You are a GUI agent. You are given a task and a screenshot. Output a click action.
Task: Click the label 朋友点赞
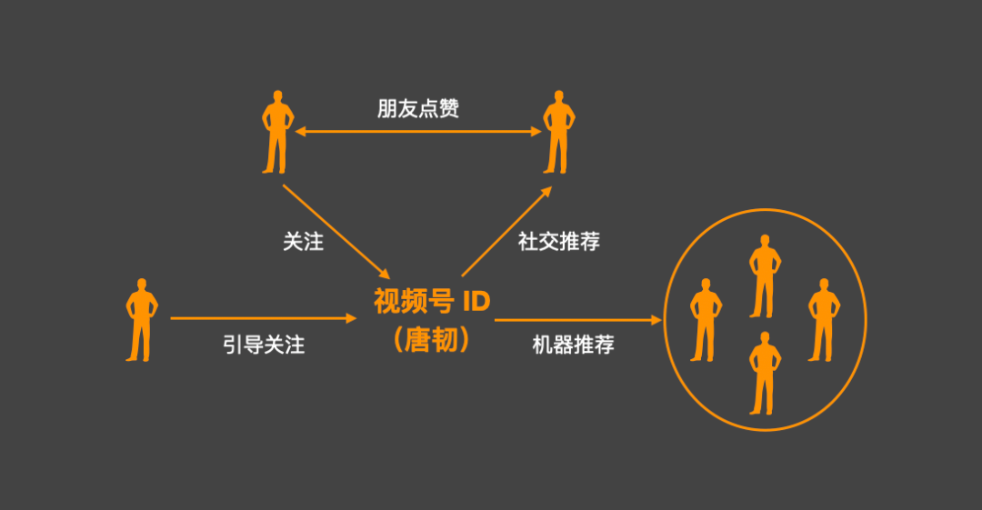coord(418,109)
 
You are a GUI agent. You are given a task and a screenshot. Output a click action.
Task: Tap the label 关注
coord(303,242)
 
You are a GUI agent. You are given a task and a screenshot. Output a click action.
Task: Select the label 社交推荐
coord(559,242)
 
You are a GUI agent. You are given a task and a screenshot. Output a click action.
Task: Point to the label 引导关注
coord(264,345)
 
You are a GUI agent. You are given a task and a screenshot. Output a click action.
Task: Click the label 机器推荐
coord(573,345)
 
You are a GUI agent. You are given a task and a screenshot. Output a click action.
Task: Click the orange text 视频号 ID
coord(432,301)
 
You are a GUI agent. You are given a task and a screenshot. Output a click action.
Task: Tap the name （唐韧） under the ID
coord(432,340)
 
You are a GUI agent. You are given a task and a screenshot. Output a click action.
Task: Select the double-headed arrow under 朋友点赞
coord(418,133)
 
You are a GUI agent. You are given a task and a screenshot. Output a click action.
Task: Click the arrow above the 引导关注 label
coord(264,318)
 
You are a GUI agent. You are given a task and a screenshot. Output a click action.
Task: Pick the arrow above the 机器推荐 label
coord(577,319)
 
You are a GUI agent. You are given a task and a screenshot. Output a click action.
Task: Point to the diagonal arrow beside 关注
coord(336,232)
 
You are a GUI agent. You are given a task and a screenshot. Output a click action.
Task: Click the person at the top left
coord(276,133)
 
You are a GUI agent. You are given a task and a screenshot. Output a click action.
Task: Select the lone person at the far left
coord(140,320)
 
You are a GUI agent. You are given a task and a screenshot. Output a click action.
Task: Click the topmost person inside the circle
coord(765,276)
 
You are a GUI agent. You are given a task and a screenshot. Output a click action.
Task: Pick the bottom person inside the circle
coord(765,373)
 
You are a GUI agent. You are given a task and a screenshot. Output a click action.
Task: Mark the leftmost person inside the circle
coord(706,320)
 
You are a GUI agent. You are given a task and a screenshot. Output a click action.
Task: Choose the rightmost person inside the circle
coord(823,320)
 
